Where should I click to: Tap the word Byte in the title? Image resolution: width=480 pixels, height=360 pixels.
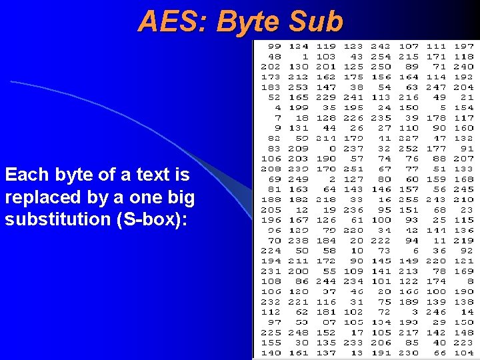click(249, 21)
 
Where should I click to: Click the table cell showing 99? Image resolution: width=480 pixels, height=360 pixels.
click(273, 47)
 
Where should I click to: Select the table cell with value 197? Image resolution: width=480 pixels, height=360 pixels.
click(463, 47)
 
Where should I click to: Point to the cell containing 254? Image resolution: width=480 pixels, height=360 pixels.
click(381, 57)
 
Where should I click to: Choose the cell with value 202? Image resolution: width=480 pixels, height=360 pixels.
click(271, 67)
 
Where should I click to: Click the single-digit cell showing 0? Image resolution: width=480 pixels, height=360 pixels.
click(332, 148)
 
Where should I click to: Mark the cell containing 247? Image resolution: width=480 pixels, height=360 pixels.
click(436, 87)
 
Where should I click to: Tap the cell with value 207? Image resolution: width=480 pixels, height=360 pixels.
click(463, 159)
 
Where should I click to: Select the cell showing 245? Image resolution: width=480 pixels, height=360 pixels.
click(463, 189)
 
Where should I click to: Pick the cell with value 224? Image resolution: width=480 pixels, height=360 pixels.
click(271, 251)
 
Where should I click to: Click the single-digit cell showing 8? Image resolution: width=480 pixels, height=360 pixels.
click(470, 281)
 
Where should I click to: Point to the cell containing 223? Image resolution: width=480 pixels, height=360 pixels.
click(463, 343)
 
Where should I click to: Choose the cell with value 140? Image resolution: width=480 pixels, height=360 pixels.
click(271, 353)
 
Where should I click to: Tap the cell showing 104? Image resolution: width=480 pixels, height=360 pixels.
click(463, 353)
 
